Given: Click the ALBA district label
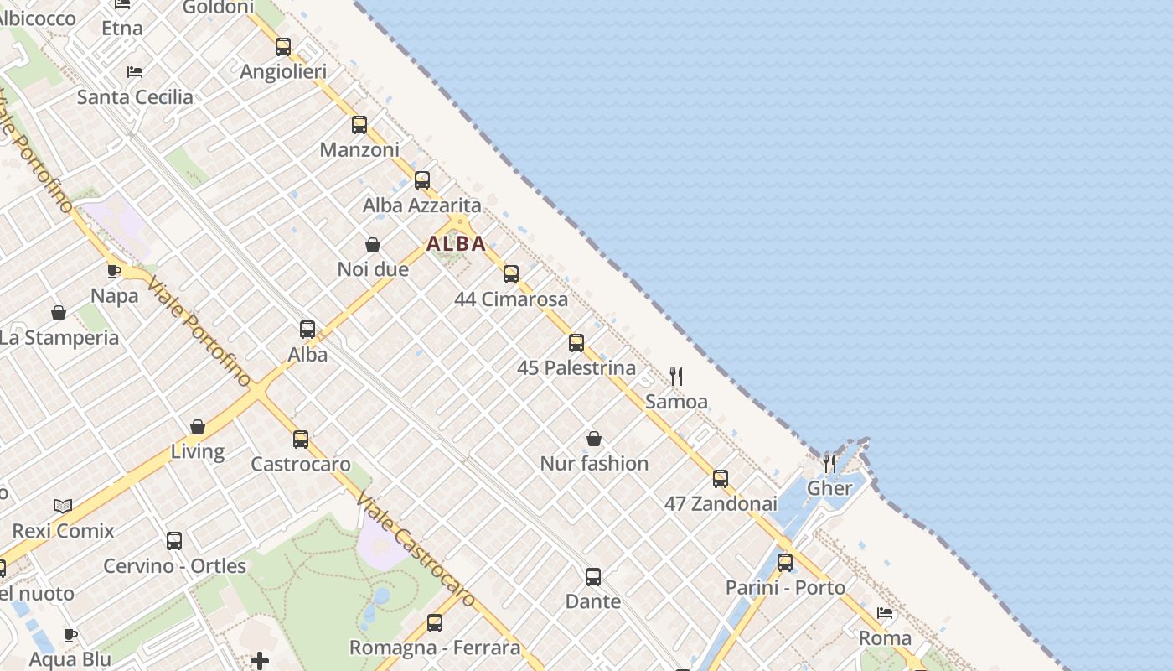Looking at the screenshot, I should point(456,244).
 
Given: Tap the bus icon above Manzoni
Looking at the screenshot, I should point(359,125).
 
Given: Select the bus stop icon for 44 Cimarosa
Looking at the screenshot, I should point(511,274).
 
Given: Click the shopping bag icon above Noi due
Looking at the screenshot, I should point(373,245).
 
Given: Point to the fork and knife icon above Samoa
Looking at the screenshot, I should point(676,376).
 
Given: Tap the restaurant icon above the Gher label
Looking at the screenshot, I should point(829,463).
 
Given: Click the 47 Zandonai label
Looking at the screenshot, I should point(721,504).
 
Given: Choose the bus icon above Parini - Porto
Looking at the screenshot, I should point(785,563).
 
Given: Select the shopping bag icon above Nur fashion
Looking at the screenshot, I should point(594,439).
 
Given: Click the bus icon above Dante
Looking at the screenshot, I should point(593,577).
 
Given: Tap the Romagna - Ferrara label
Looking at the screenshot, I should point(434,648).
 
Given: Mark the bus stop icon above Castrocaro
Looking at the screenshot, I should point(301,440).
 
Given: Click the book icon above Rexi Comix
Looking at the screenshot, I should point(63,506).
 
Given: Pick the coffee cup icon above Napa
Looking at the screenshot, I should point(114,271).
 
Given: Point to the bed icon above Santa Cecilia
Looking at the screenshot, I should point(135,72).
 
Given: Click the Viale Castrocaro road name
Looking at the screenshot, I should point(416,550).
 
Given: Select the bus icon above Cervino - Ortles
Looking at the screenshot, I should point(174,541).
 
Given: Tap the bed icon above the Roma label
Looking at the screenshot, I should point(885,613).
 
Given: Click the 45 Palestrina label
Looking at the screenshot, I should point(576,367).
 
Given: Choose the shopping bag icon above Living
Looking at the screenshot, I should point(198,427).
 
